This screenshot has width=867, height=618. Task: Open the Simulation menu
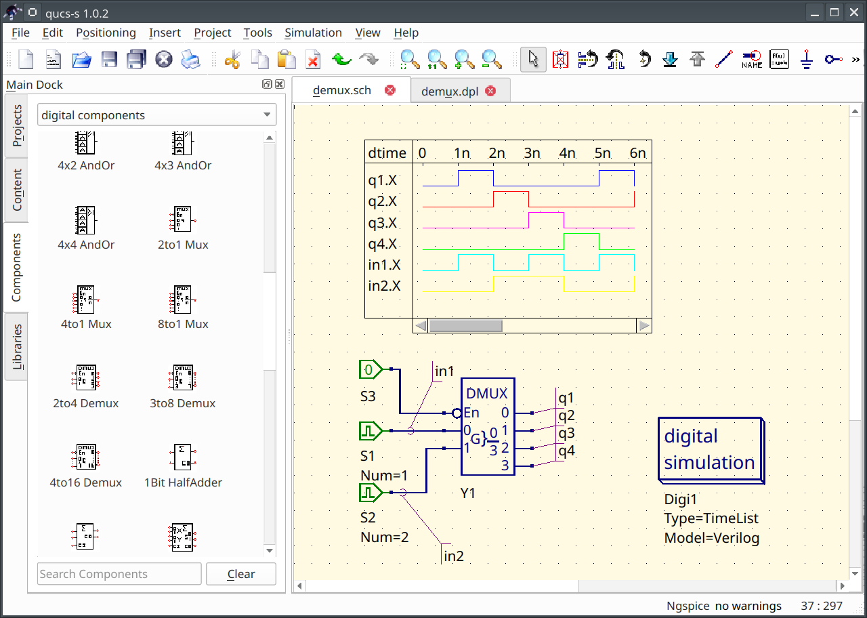coord(313,33)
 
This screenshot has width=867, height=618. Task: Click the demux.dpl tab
coord(449,91)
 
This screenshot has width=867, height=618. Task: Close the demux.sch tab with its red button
coord(390,90)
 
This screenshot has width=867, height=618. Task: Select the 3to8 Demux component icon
coord(182,378)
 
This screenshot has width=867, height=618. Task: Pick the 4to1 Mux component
coord(85,299)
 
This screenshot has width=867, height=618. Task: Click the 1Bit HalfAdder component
coord(182,457)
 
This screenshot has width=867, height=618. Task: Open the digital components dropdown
coord(156,115)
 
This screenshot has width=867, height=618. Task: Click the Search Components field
coord(119,574)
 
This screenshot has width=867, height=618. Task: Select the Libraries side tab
coord(17,346)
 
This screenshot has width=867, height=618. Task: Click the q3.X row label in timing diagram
coord(383,223)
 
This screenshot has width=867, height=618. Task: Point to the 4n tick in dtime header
coord(567,153)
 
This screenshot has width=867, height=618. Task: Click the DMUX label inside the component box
coord(486,394)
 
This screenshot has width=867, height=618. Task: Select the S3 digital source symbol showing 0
coord(370,369)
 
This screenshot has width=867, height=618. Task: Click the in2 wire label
coord(454,556)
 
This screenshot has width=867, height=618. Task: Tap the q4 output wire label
coord(566,450)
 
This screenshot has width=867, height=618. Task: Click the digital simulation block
coord(709,449)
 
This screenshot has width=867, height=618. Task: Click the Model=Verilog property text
coord(711,538)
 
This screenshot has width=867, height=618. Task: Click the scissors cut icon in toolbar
coord(232,60)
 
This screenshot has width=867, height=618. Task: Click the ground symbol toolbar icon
coord(806,60)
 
